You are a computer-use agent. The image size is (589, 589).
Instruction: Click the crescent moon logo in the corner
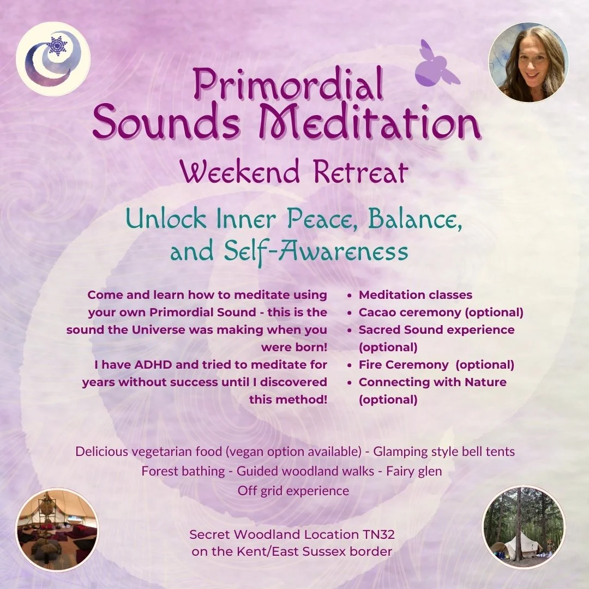click(53, 59)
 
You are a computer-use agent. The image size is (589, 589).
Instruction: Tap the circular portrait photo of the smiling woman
click(528, 63)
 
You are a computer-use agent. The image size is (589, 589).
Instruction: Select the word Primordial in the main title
click(289, 86)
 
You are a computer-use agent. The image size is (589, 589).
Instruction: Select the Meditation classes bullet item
click(415, 295)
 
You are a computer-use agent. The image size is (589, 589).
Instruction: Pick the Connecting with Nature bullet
click(432, 382)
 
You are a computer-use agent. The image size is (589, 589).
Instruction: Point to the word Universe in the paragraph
click(178, 330)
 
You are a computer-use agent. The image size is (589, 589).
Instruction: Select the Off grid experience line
click(293, 490)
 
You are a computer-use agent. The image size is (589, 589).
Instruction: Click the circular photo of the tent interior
click(57, 530)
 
